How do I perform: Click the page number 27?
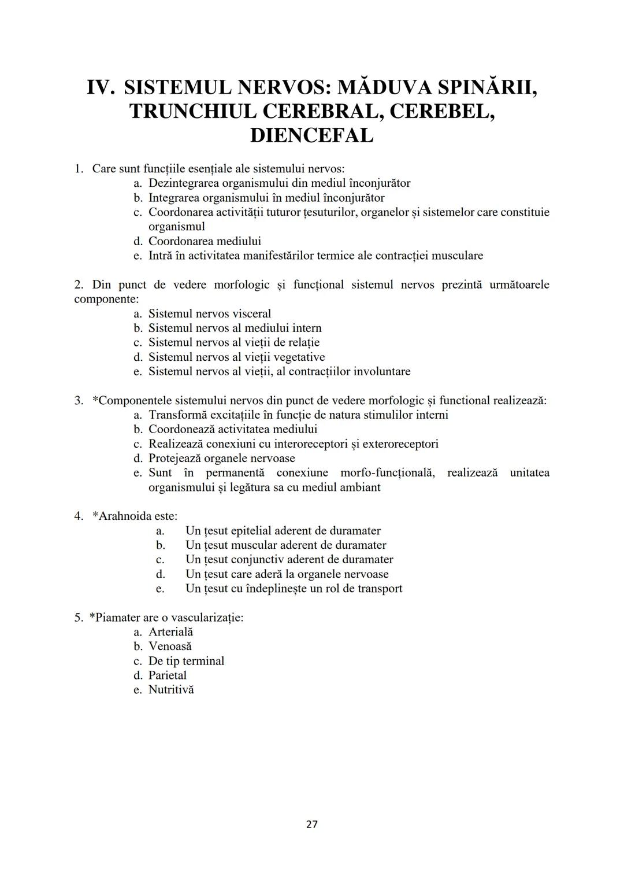pos(311,824)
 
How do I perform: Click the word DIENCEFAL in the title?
pos(311,135)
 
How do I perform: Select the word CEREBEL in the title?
pos(442,111)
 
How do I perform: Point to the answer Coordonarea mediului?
pos(205,241)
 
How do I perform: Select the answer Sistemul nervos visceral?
pos(209,313)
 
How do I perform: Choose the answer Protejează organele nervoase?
pos(221,458)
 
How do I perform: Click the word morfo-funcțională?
pos(387,472)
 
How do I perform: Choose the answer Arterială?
pos(170,632)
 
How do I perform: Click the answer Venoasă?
pos(170,646)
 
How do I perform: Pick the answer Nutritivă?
pos(171,689)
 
